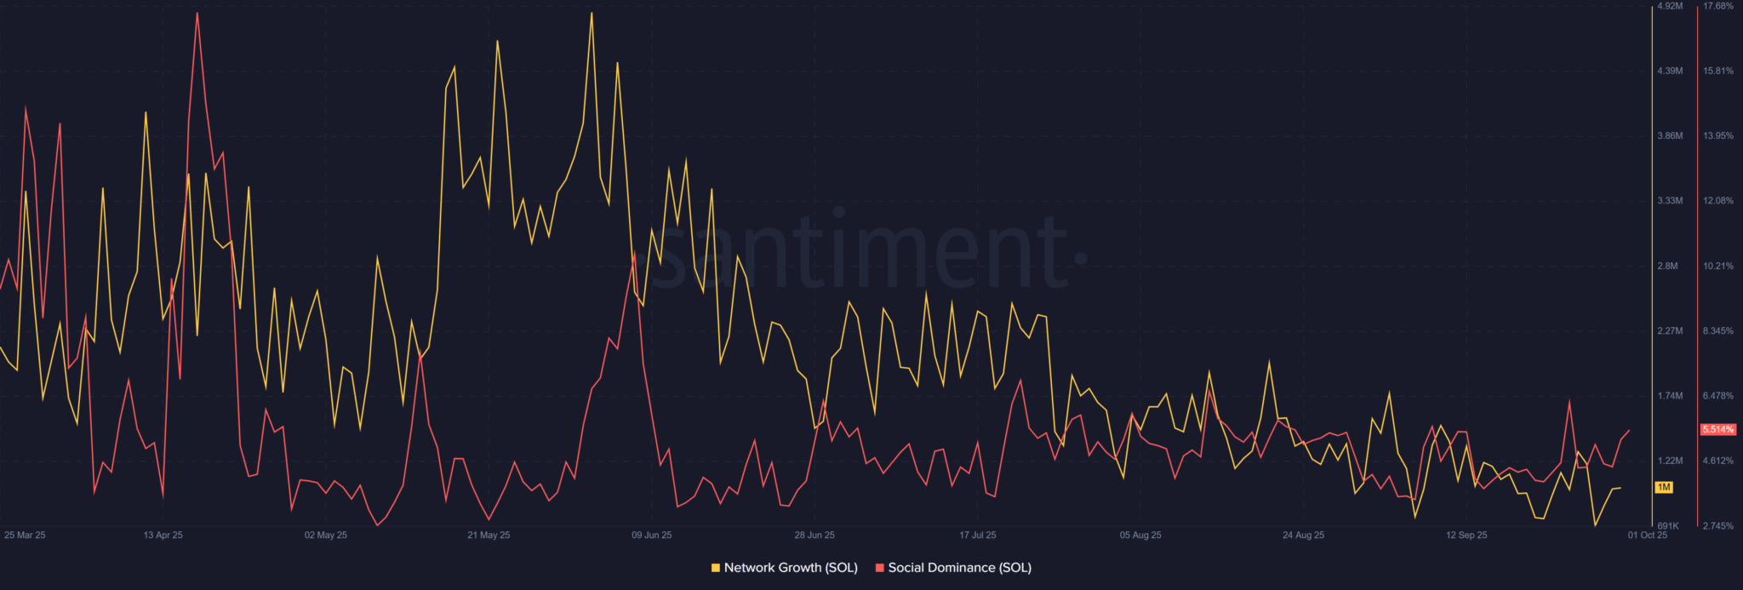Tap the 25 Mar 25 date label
pos(25,535)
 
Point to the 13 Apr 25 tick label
pos(163,535)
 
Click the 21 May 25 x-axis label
pos(489,535)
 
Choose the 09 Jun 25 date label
pos(651,535)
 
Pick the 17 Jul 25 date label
pos(977,535)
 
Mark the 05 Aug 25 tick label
pos(1140,535)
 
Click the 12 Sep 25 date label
pos(1466,535)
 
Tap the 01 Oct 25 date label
pos(1647,535)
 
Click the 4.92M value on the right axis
pos(1669,6)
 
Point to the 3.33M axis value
pos(1669,201)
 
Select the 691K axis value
pos(1668,526)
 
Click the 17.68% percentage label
pos(1717,6)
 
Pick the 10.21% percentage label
pos(1717,266)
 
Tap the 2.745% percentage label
pos(1717,526)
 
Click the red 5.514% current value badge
pos(1717,430)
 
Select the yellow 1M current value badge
pos(1664,488)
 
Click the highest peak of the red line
pos(197,13)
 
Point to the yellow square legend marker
pos(716,568)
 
